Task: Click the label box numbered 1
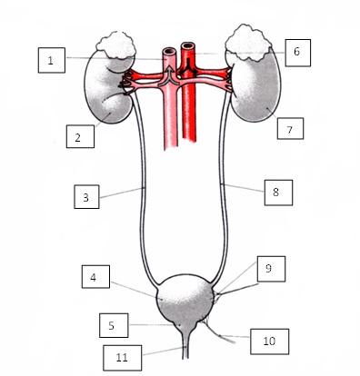coord(52,60)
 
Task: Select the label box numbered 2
coord(80,136)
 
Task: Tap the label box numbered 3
coord(86,197)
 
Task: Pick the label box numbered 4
coord(95,277)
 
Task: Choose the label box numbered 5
coord(114,325)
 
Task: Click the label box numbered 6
coord(298,53)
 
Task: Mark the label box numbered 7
coord(290,129)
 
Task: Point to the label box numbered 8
coord(278,193)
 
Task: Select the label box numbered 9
coord(271,269)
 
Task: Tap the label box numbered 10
coord(269,341)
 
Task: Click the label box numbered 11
coord(123,358)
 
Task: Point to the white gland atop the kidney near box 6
coord(248,42)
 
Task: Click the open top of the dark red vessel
coord(188,45)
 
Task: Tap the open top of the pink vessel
coord(169,51)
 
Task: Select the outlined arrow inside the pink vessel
coord(170,76)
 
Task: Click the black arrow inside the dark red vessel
coord(188,67)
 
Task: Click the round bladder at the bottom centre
coord(186,299)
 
